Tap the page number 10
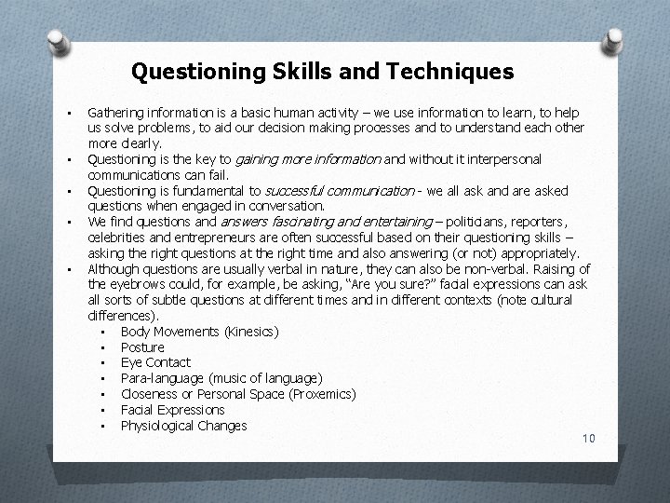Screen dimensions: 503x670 tap(587, 439)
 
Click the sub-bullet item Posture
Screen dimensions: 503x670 tap(142, 347)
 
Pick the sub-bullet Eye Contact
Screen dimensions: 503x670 tap(155, 362)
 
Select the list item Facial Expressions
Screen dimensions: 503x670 tap(172, 410)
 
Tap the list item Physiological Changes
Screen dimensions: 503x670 tap(183, 426)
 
